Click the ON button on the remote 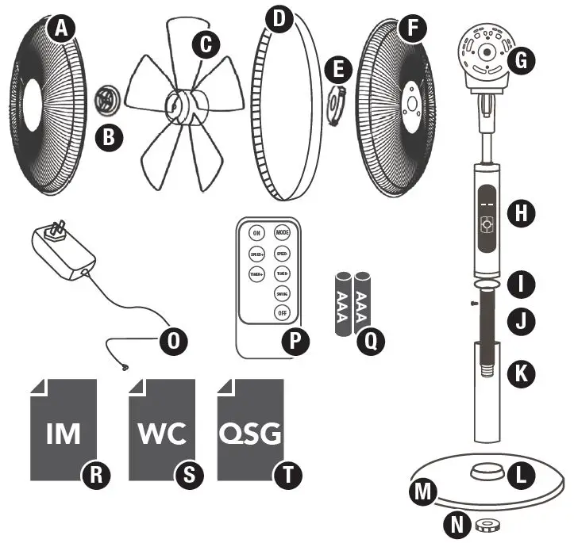tap(256, 234)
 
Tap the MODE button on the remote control tap(282, 233)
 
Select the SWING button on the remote tap(282, 293)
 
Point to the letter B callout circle tap(108, 136)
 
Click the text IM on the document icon tap(64, 434)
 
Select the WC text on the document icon tap(162, 434)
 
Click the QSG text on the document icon tap(250, 434)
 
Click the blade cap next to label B tap(105, 101)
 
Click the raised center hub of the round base tap(484, 472)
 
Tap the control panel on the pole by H tap(486, 214)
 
